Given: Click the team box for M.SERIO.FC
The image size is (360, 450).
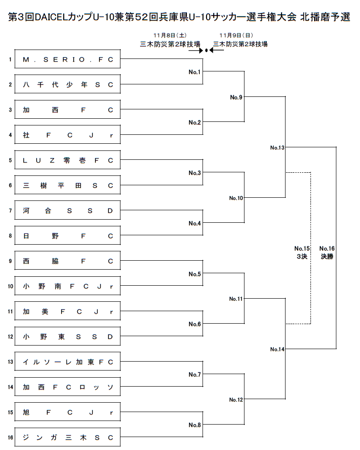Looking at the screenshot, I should [x=67, y=59].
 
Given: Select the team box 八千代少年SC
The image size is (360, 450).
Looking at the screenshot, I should [x=67, y=84].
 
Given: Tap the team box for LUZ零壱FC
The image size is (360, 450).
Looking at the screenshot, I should [x=67, y=160].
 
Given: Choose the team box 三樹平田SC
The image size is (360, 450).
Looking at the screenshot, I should [x=67, y=185].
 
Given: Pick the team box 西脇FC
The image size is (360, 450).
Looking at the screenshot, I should [x=67, y=261].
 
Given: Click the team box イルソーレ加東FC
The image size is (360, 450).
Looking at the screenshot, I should [x=67, y=362].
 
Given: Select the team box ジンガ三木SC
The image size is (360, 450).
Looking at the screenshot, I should [x=67, y=437].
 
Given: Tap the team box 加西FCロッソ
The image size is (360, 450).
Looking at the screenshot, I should [x=67, y=387].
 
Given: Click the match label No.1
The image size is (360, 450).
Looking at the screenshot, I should [x=194, y=72].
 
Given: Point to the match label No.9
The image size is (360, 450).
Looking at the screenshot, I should [x=236, y=97].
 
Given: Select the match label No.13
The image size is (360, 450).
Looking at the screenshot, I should [x=277, y=147].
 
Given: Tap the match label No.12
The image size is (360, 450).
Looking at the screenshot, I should [x=236, y=400].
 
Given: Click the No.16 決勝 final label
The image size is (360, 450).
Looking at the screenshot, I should [x=327, y=253].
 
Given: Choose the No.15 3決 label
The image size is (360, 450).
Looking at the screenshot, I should [x=302, y=253].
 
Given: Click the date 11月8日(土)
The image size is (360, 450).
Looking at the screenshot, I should [x=169, y=35].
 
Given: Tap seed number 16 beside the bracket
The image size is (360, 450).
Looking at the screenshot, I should [x=10, y=437].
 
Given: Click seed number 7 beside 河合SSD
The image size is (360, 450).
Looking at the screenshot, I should [x=10, y=210].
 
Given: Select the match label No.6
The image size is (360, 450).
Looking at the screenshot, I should [x=194, y=324].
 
